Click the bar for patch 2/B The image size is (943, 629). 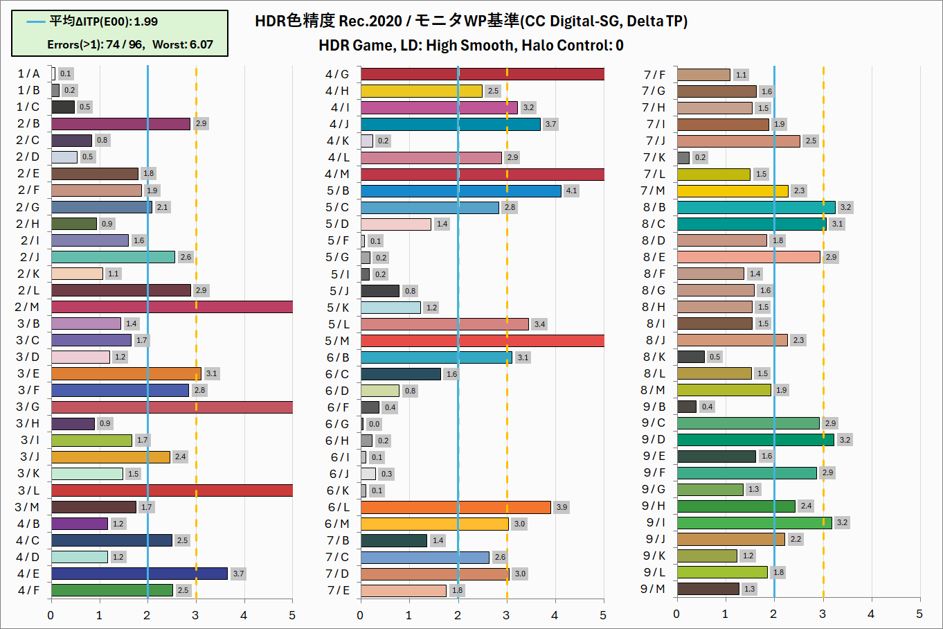[120, 124]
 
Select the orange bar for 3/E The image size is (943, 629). [126, 373]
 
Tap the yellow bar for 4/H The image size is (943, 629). [421, 91]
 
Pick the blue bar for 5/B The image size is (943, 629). [460, 191]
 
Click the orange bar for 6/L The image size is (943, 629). [456, 507]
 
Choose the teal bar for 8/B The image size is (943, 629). [756, 207]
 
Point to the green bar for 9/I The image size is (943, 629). [754, 522]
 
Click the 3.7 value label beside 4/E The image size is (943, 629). [238, 574]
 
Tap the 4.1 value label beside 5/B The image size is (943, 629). [571, 191]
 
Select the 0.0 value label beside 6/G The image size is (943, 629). [374, 424]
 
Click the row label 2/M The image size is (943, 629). [28, 307]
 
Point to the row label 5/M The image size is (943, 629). [337, 341]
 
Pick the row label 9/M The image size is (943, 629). [654, 589]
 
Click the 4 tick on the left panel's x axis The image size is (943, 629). [244, 615]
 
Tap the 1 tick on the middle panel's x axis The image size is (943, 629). [409, 615]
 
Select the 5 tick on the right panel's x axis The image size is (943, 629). [919, 614]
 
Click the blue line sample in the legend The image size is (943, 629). [36, 21]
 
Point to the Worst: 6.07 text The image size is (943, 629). [183, 45]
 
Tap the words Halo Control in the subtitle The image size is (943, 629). [566, 46]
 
